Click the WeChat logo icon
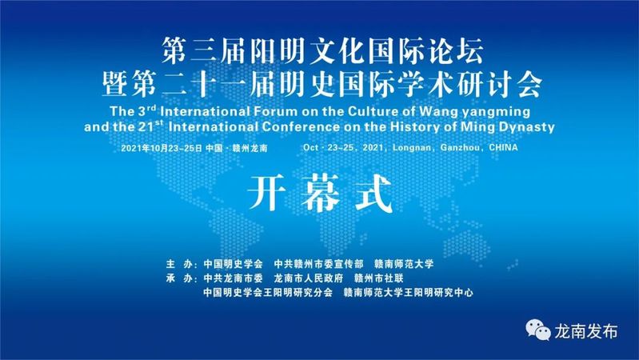click(x=538, y=330)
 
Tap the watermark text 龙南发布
click(x=585, y=331)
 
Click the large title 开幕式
click(x=320, y=194)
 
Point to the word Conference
click(x=301, y=126)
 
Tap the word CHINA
click(x=503, y=147)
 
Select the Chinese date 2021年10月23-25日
click(x=162, y=148)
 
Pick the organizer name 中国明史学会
click(x=233, y=264)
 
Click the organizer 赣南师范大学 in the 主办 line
click(x=404, y=264)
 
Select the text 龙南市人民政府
click(x=309, y=278)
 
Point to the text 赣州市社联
click(x=379, y=278)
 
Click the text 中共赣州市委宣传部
click(x=318, y=264)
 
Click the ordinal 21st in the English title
click(x=150, y=126)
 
